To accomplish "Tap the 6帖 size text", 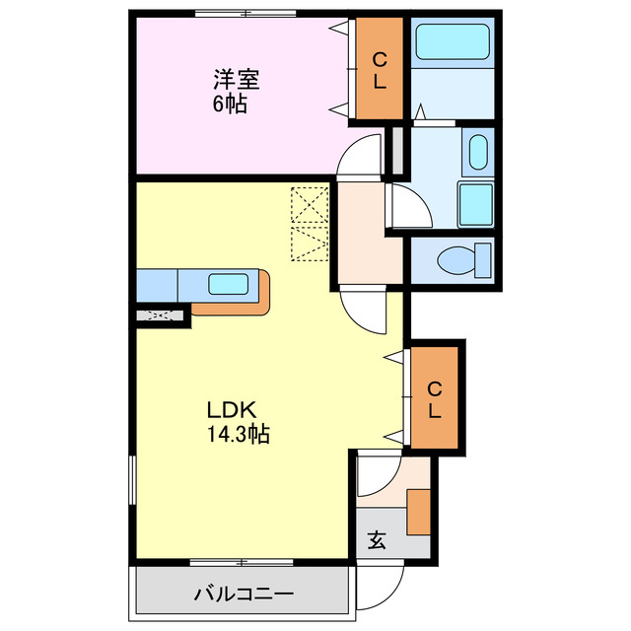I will tap(230, 104).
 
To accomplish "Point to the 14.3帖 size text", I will tap(238, 433).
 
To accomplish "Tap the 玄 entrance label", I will tap(378, 540).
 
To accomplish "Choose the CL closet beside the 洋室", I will tap(380, 69).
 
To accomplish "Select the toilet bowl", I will tap(460, 260).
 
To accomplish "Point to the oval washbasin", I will tap(477, 153).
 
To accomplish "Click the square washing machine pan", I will tap(476, 204).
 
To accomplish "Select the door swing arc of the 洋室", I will tap(360, 158).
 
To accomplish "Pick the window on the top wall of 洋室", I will tap(244, 13).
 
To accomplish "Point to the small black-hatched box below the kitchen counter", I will tap(161, 316).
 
